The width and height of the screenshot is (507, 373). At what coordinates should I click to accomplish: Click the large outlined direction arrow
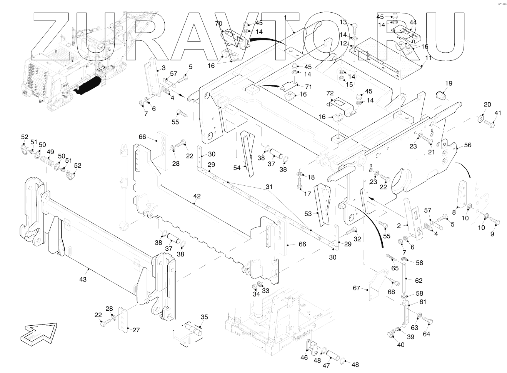pos(38,331)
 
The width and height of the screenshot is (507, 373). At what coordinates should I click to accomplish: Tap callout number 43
pos(83,280)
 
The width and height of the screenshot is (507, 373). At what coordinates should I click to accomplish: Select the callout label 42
pos(197,196)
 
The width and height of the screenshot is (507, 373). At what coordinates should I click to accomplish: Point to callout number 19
pos(449,83)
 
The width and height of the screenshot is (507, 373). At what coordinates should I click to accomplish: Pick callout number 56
pos(467,145)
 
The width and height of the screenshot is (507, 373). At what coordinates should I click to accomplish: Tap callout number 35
pos(204,317)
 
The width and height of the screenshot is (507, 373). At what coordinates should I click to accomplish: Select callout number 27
pos(136,330)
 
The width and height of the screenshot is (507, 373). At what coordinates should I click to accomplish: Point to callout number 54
pos(237,168)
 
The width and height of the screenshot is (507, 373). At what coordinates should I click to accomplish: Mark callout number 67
pos(357,288)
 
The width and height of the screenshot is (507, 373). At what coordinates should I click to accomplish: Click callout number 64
pos(426,334)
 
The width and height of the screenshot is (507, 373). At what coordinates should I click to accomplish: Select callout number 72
pos(330,93)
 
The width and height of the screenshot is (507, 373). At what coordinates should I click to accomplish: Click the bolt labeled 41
pos(489,124)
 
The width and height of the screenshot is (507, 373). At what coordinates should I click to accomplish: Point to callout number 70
pos(218,24)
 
